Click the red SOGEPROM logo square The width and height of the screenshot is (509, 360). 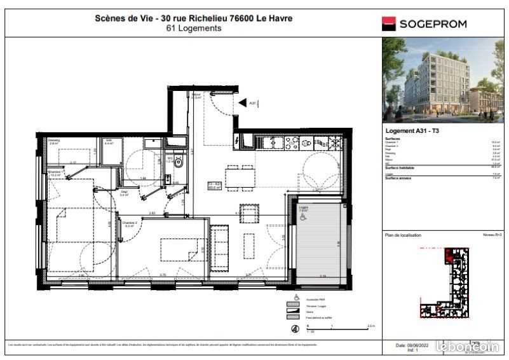(x=389, y=24)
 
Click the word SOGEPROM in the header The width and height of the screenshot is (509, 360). (x=432, y=24)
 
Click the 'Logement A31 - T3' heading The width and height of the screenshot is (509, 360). (x=408, y=130)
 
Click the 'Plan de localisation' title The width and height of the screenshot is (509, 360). (x=403, y=235)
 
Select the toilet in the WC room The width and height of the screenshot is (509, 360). (x=179, y=163)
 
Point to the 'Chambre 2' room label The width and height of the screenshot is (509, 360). (x=130, y=223)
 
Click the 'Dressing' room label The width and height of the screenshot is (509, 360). (x=53, y=141)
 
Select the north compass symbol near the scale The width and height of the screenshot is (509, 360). (x=295, y=329)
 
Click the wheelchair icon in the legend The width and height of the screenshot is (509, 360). (x=295, y=297)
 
